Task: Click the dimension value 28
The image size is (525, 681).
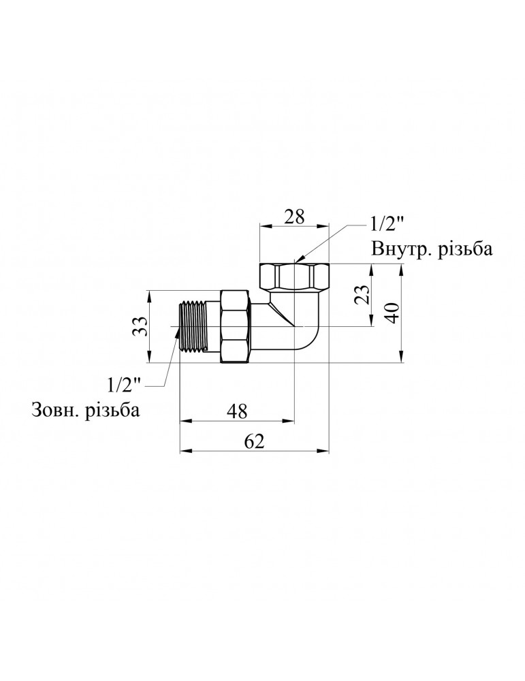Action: (294, 217)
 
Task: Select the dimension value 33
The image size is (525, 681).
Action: (139, 327)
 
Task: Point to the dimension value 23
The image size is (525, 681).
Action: (363, 295)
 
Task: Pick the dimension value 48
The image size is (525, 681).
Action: (236, 411)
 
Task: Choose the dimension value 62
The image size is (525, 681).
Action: (253, 441)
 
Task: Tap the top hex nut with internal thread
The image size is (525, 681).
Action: (294, 276)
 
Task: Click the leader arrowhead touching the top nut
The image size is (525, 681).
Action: (296, 260)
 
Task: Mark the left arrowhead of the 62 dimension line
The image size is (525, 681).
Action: (182, 450)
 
